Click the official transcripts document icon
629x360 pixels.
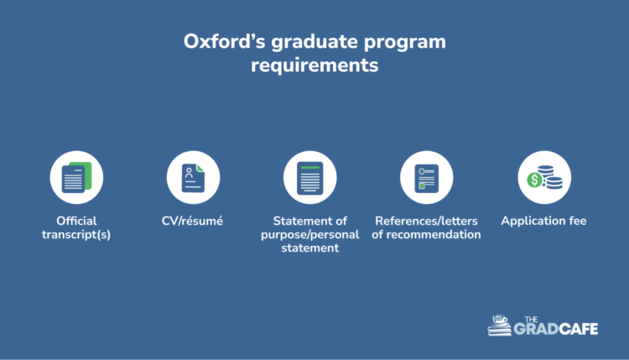pyautogui.click(x=76, y=177)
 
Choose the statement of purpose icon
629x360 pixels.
pyautogui.click(x=309, y=177)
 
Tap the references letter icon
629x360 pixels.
pyautogui.click(x=426, y=177)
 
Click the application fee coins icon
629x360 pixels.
pyautogui.click(x=543, y=177)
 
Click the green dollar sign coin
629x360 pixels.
pyautogui.click(x=533, y=180)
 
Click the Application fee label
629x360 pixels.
pyautogui.click(x=543, y=221)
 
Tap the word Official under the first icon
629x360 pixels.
pyautogui.click(x=76, y=221)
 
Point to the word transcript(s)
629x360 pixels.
pyautogui.click(x=76, y=234)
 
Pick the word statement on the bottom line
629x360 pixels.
pyautogui.click(x=309, y=248)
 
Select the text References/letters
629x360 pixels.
pyautogui.click(x=426, y=221)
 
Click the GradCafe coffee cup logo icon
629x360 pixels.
pyautogui.click(x=501, y=325)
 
